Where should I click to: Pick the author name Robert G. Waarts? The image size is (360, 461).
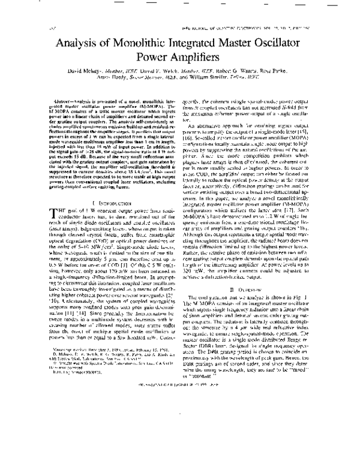pyautogui.click(x=236, y=78)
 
